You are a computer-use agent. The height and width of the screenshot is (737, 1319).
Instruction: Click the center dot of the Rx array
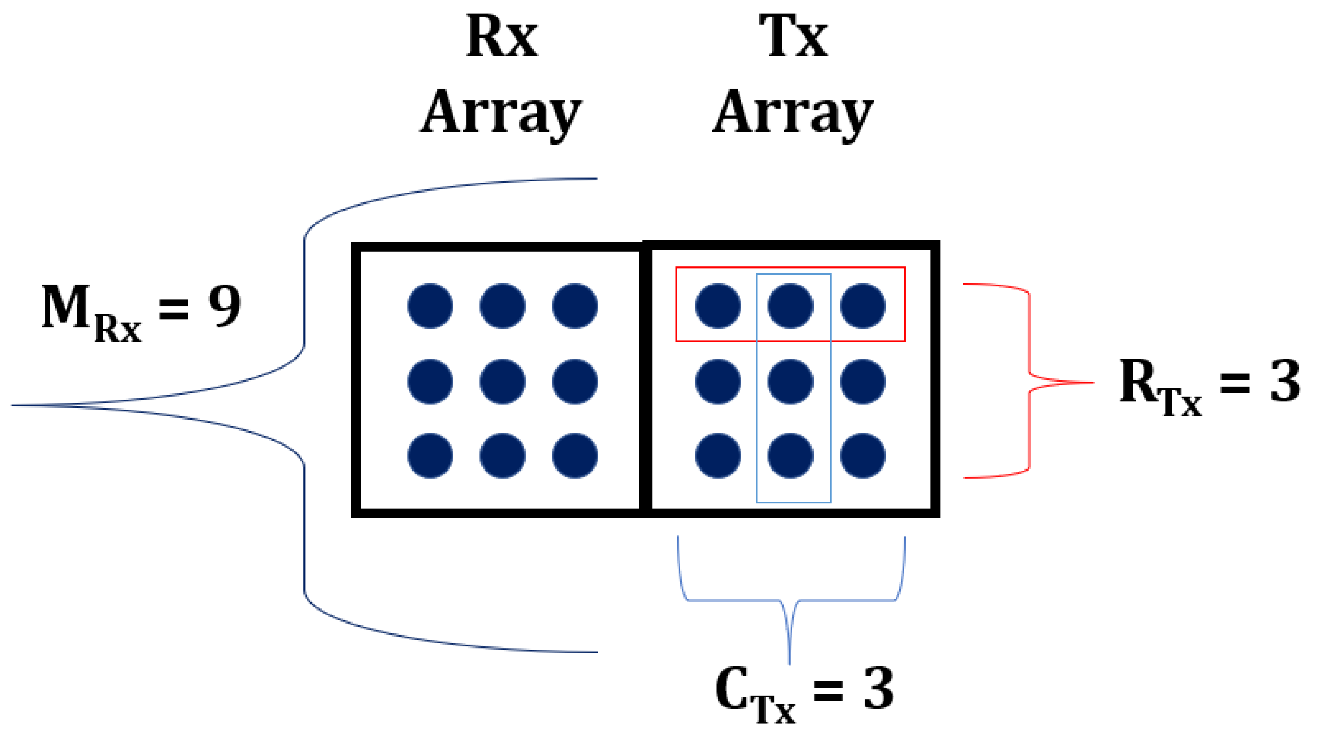click(502, 382)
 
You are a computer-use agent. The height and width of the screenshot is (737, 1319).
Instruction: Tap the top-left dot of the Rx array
click(430, 306)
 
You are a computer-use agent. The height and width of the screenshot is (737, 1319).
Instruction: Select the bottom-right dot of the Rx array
click(575, 455)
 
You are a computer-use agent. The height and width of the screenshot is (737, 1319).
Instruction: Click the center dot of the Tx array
click(790, 382)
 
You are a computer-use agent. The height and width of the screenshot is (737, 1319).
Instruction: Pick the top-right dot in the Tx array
click(863, 306)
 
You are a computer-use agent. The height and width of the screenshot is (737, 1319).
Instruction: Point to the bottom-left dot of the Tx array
click(718, 455)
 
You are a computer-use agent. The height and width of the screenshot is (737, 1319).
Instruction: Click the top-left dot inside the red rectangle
click(718, 306)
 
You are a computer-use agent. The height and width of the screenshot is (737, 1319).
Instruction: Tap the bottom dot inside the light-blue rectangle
click(790, 455)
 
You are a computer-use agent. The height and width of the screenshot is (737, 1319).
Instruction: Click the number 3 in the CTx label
click(879, 689)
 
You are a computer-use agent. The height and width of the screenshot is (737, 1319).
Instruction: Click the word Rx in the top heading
click(502, 36)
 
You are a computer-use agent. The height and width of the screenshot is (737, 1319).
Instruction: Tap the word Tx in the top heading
click(793, 36)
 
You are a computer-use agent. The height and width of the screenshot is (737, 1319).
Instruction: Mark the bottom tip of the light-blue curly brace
click(789, 663)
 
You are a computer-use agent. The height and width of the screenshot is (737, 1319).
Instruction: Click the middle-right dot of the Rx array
click(575, 382)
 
